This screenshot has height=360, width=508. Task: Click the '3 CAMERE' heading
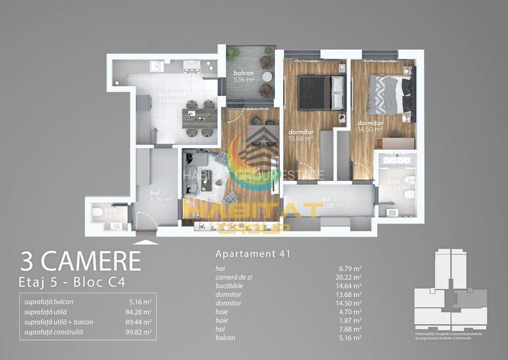pyautogui.click(x=81, y=261)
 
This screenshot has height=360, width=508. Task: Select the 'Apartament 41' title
pyautogui.click(x=253, y=254)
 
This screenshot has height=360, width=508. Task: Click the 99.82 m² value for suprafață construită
pyautogui.click(x=139, y=333)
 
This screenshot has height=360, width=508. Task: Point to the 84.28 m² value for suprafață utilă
pyautogui.click(x=139, y=312)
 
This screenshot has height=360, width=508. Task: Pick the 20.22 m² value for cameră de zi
pyautogui.click(x=349, y=278)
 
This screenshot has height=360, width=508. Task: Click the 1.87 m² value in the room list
pyautogui.click(x=350, y=319)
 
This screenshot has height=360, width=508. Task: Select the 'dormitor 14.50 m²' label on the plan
pyautogui.click(x=370, y=126)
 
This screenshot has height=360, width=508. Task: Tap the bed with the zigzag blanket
pyautogui.click(x=389, y=95)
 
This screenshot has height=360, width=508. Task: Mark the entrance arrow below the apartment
pyautogui.click(x=146, y=243)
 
